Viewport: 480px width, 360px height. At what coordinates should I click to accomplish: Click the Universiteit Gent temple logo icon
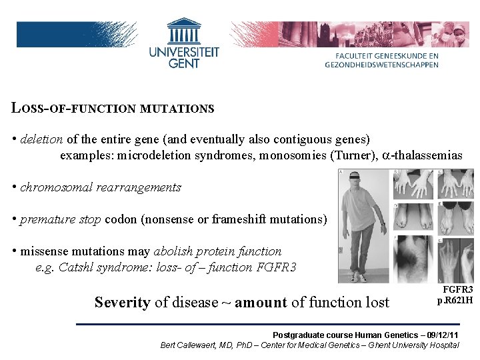(x=183, y=31)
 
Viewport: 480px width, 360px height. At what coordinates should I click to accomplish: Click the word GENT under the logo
(x=184, y=63)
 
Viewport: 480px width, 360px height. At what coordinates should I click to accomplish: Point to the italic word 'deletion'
(x=41, y=139)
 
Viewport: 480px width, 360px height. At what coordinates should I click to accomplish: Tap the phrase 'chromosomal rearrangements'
(x=101, y=187)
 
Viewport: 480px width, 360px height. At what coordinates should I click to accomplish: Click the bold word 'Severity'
(x=122, y=302)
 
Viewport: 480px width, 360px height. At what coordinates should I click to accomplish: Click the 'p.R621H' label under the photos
(x=455, y=300)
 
